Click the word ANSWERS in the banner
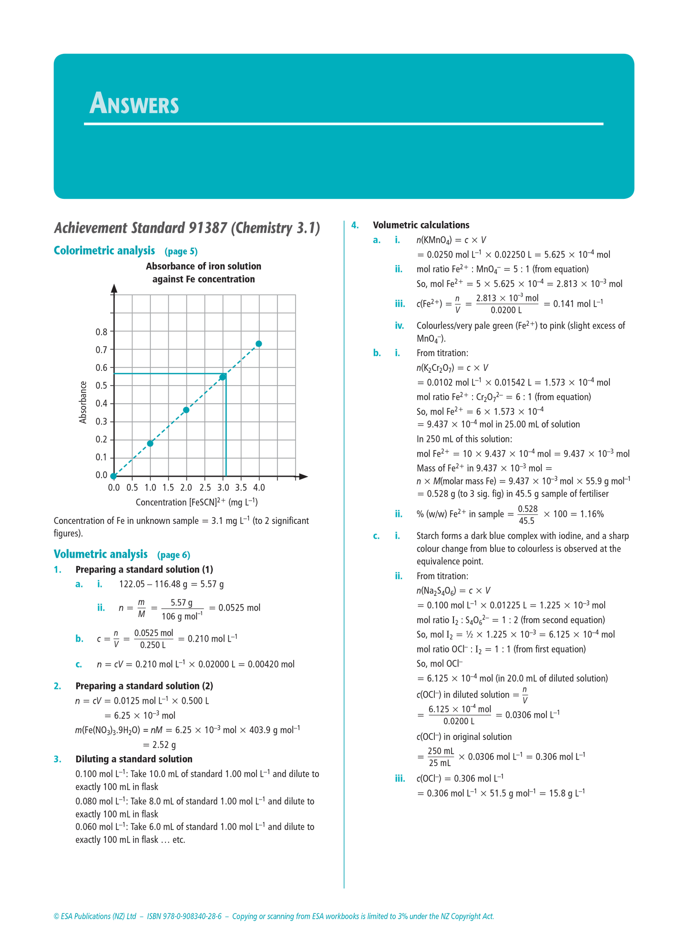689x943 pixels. click(x=134, y=103)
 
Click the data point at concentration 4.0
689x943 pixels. click(x=259, y=344)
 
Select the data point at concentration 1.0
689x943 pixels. click(x=150, y=443)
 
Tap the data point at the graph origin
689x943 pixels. click(x=113, y=476)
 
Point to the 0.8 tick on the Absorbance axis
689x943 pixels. click(x=102, y=332)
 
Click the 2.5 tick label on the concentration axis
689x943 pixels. click(x=205, y=488)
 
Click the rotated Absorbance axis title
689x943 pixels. click(x=83, y=402)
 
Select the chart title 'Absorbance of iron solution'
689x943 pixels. click(x=204, y=266)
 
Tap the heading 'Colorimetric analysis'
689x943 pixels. click(x=104, y=251)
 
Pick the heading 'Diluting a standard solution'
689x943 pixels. click(x=134, y=759)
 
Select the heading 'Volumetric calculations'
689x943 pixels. click(x=421, y=225)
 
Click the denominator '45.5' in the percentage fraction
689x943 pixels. click(x=526, y=521)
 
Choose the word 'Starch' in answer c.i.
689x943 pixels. click(x=428, y=536)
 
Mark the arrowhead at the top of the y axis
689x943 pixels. click(x=114, y=287)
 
